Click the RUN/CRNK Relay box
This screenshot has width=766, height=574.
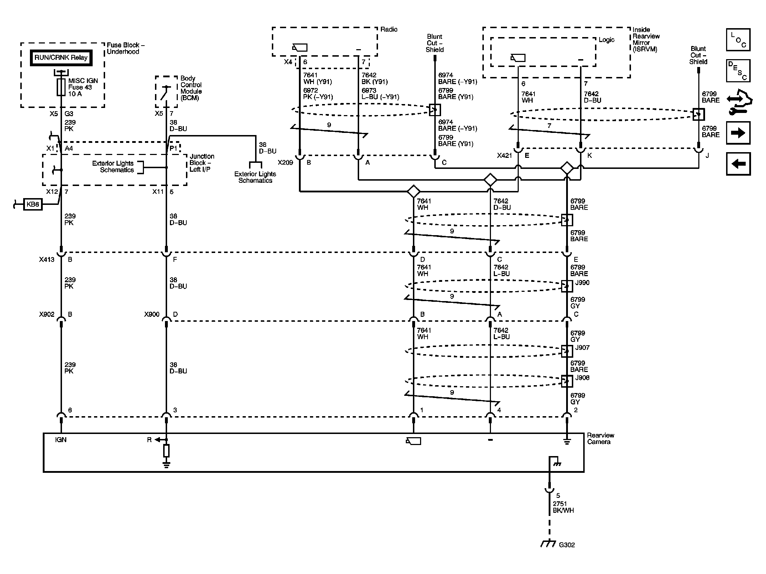pyautogui.click(x=61, y=58)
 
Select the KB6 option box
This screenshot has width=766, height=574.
pyautogui.click(x=33, y=205)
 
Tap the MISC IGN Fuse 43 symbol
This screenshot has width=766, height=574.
pyautogui.click(x=61, y=87)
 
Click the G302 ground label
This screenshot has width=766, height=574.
pyautogui.click(x=566, y=545)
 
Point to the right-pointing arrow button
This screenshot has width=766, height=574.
pyautogui.click(x=738, y=133)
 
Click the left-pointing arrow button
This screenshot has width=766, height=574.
pyautogui.click(x=738, y=164)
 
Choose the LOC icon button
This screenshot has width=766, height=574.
pyautogui.click(x=738, y=40)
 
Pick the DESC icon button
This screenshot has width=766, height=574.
pyautogui.click(x=738, y=71)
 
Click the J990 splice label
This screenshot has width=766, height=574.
pyautogui.click(x=582, y=283)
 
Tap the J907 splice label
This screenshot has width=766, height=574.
pyautogui.click(x=582, y=348)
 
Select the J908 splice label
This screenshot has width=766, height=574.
pyautogui.click(x=582, y=378)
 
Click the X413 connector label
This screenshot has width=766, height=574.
pyautogui.click(x=47, y=260)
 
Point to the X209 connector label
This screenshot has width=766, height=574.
pyautogui.click(x=285, y=163)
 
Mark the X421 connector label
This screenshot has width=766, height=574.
pyautogui.click(x=504, y=156)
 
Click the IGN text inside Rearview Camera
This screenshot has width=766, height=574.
pyautogui.click(x=61, y=440)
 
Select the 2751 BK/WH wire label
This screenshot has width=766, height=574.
pyautogui.click(x=563, y=507)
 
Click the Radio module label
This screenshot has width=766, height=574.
pyautogui.click(x=389, y=30)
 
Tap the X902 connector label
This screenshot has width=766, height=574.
pyautogui.click(x=47, y=315)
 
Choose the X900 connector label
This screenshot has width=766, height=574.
pyautogui.click(x=152, y=315)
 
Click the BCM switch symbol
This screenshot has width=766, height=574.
pyautogui.click(x=165, y=93)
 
